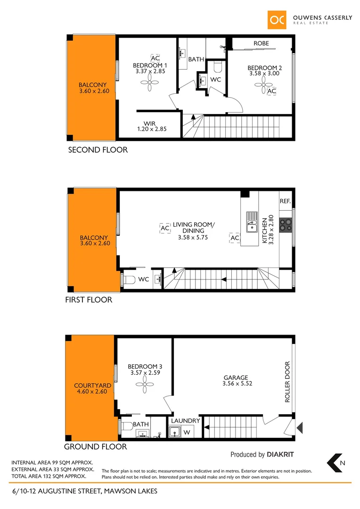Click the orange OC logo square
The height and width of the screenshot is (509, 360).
coord(278,20)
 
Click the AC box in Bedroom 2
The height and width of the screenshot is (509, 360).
coord(271,91)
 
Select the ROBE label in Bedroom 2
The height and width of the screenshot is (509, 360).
coord(261,43)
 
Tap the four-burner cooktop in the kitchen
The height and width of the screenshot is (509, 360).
coord(286,225)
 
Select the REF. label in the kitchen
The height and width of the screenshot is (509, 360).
coord(285,201)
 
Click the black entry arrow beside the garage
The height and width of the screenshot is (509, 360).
coord(300,427)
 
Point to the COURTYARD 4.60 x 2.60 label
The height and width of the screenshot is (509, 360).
coord(93,388)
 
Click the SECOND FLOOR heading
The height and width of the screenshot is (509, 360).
coord(98,150)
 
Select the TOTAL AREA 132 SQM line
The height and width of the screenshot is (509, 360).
coord(49,476)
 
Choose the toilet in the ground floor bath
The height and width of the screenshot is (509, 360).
coord(125,427)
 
